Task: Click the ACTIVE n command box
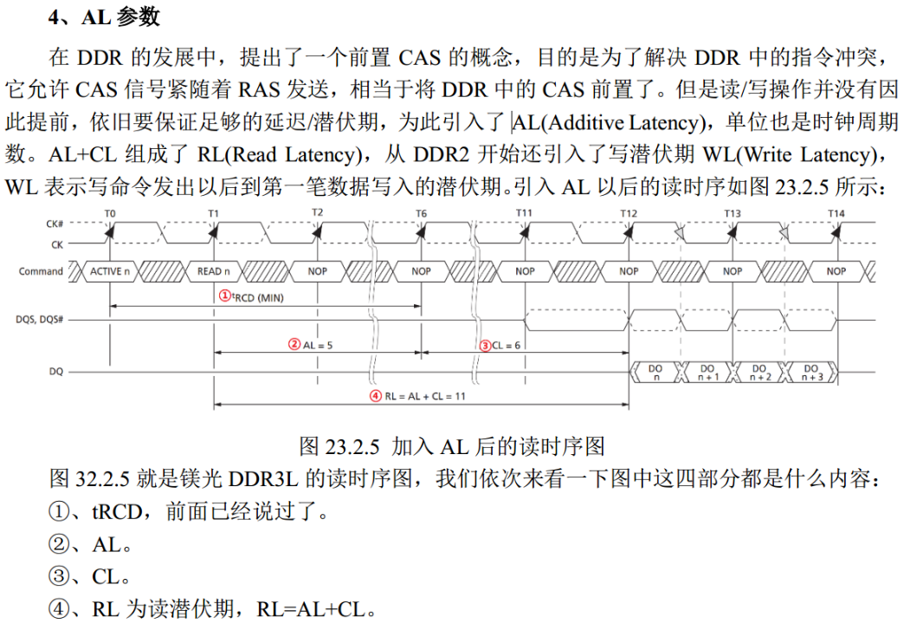tap(109, 271)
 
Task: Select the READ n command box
tap(213, 271)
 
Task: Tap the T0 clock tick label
tap(110, 213)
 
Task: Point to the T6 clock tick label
tap(421, 213)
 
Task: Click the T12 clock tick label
tap(629, 213)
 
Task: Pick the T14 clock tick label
tap(836, 213)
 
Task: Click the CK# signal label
tap(55, 224)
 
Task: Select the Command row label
tap(41, 271)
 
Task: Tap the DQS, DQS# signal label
tap(40, 320)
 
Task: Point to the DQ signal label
tap(56, 371)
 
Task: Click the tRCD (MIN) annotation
tap(251, 297)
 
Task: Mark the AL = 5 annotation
tap(310, 345)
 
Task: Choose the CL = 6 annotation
tap(500, 346)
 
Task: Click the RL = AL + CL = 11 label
tap(417, 396)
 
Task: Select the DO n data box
tap(655, 372)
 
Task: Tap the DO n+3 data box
tap(810, 372)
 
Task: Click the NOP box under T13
tap(733, 271)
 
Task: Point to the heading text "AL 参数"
tap(120, 17)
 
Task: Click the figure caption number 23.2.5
tap(352, 446)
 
